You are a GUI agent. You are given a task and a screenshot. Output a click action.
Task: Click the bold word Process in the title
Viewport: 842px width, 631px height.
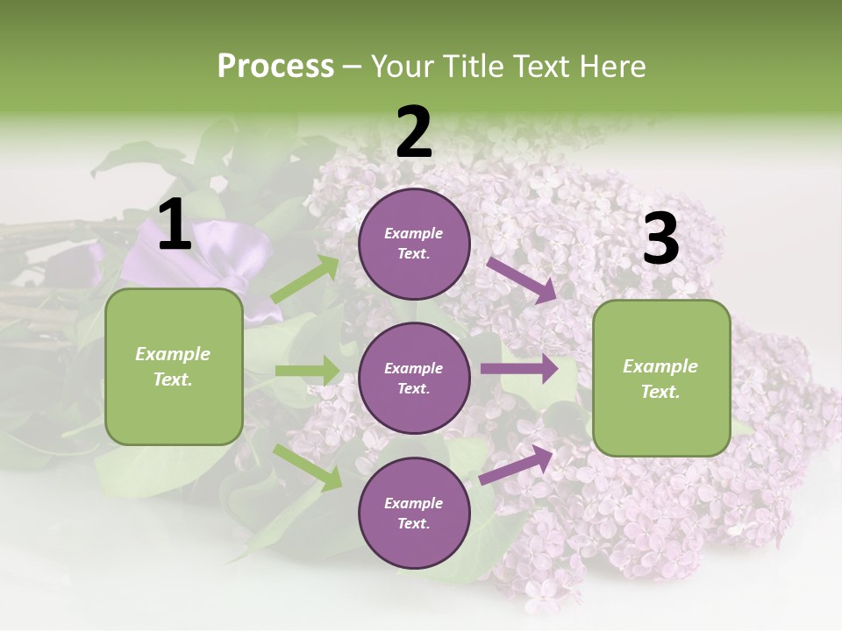click(x=275, y=67)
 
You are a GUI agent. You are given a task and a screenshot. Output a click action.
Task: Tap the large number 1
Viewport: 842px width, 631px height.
click(x=175, y=225)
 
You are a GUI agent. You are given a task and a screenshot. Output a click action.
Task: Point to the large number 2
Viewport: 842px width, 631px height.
click(x=414, y=132)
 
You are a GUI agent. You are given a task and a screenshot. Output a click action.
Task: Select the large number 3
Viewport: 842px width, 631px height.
click(x=660, y=238)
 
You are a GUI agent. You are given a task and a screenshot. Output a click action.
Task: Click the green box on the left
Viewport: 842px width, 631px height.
click(x=174, y=366)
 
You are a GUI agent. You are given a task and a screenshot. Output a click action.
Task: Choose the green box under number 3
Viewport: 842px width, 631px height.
click(x=661, y=378)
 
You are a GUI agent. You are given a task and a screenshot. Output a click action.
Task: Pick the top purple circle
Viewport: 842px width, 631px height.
click(x=414, y=244)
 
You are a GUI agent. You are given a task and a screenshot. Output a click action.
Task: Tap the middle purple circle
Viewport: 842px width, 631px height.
click(x=414, y=378)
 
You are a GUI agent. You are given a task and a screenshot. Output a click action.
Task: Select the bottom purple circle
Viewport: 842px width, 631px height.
click(x=414, y=513)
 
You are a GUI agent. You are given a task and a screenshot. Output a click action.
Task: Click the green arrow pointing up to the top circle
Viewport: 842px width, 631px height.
click(x=305, y=280)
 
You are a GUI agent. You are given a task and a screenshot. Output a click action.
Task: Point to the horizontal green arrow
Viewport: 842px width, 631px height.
click(x=307, y=371)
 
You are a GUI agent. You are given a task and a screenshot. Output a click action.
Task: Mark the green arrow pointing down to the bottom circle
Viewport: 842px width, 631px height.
click(x=307, y=466)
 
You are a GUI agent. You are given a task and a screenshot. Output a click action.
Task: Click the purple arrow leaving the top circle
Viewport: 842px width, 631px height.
click(x=523, y=280)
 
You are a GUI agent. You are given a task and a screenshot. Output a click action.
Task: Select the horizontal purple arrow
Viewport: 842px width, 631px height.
click(x=519, y=369)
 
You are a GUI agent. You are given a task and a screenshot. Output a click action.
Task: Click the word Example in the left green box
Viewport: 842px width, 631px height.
click(x=173, y=354)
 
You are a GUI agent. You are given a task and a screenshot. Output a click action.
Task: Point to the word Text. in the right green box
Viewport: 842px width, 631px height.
click(x=660, y=392)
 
